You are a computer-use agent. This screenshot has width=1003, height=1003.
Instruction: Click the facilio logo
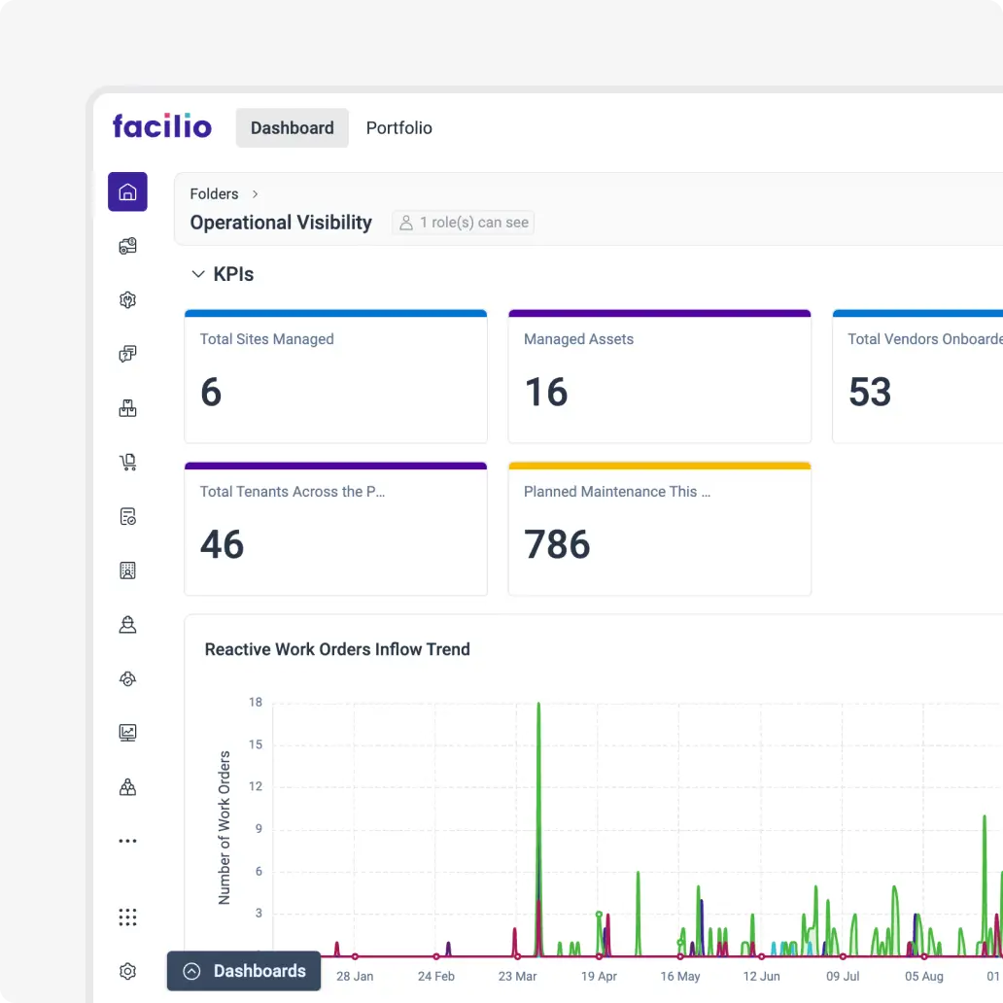[161, 126]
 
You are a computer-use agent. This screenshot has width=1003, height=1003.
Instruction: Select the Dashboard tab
[292, 128]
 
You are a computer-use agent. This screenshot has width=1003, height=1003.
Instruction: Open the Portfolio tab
[398, 128]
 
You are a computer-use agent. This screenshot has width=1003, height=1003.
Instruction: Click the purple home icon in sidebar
[127, 191]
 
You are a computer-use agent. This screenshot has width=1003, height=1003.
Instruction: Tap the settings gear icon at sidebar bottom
[127, 971]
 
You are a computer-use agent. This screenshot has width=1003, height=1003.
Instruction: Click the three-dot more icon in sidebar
[127, 841]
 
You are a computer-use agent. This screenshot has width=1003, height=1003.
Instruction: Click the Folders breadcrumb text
[214, 194]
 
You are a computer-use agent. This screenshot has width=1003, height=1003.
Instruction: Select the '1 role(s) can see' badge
[464, 223]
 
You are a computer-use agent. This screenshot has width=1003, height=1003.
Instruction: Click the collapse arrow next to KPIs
[198, 275]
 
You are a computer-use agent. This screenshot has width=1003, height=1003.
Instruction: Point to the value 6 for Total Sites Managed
[211, 393]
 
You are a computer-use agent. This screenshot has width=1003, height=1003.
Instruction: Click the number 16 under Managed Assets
[545, 393]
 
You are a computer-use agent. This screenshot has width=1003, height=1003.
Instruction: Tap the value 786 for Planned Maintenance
[557, 545]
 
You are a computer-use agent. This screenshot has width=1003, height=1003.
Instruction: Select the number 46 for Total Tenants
[222, 545]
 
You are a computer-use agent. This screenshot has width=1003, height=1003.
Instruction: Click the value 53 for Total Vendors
[869, 393]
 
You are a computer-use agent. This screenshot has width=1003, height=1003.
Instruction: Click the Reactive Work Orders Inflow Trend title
[337, 649]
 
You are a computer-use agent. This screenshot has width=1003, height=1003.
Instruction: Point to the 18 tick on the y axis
[256, 702]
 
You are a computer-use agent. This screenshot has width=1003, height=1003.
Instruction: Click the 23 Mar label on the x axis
[517, 976]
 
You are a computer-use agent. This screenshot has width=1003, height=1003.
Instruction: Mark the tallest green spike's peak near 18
[538, 704]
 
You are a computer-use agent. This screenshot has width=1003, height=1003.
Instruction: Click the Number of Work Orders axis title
[225, 827]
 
